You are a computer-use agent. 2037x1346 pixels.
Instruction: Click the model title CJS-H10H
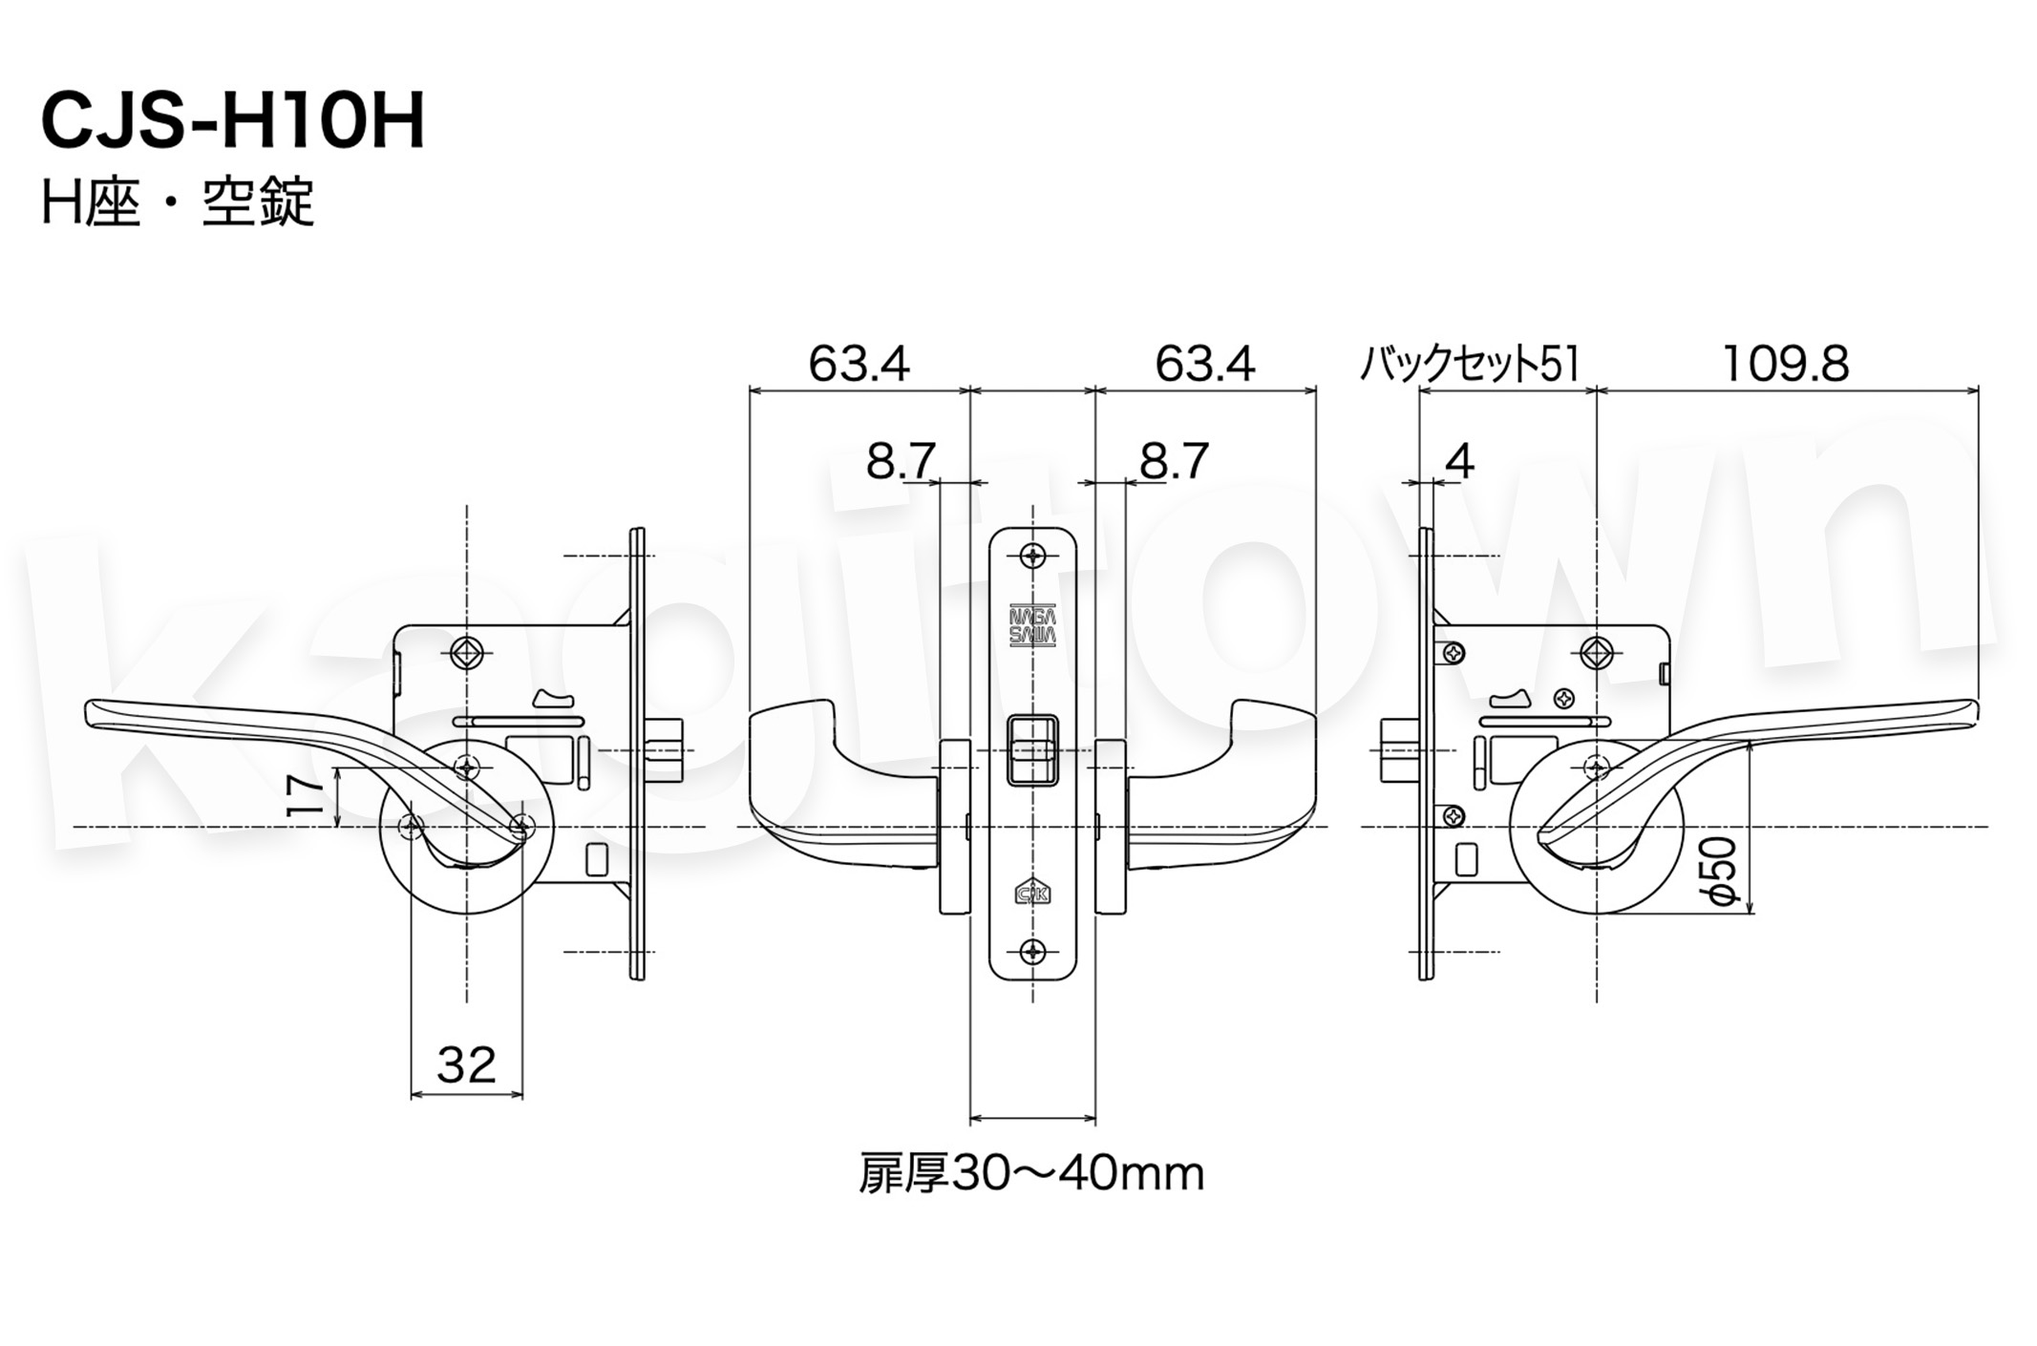coord(232,122)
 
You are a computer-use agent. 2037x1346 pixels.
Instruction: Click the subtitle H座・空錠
coord(178,203)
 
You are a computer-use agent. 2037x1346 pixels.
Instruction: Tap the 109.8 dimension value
coord(1785,365)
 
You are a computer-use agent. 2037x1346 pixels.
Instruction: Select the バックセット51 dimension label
coord(1469,365)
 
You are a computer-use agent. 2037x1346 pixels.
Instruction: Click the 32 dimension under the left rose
coord(466,1064)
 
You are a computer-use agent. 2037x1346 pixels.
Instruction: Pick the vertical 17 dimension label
coord(305,795)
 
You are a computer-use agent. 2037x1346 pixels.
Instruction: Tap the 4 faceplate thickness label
coord(1459,462)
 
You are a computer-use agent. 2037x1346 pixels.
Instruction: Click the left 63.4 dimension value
coord(859,365)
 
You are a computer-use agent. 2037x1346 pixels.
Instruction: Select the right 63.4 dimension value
coord(1204,365)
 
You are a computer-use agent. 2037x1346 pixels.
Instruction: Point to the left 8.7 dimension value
coord(900,462)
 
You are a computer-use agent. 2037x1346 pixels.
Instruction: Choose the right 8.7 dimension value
coord(1174,462)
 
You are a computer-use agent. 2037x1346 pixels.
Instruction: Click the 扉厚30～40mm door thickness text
coord(1031,1174)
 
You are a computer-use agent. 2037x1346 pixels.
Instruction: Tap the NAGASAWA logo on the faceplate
coord(1032,625)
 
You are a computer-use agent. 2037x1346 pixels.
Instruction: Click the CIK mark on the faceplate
coord(1032,891)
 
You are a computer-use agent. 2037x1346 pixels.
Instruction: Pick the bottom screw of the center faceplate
coord(1032,951)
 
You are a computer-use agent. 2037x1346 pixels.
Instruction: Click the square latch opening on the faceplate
coord(1032,750)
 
